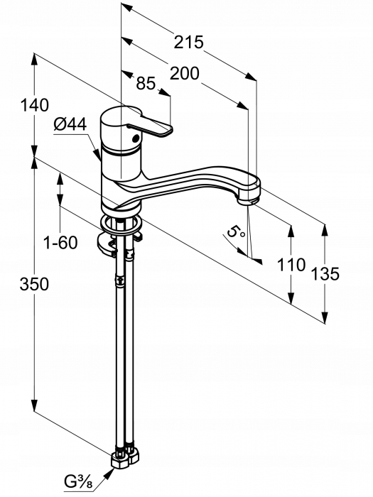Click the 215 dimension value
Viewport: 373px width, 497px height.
coord(188,42)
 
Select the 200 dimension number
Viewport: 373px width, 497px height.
coord(185,74)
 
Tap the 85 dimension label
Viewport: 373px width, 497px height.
coord(146,83)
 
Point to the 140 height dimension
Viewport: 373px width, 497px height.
coord(35,105)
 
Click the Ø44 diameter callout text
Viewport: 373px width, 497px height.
coord(70,124)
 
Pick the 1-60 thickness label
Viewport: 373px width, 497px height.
coord(60,243)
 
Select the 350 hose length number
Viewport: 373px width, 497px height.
coord(34,284)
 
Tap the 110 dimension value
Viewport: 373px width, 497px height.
coord(291,264)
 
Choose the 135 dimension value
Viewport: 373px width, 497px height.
coord(325,274)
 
